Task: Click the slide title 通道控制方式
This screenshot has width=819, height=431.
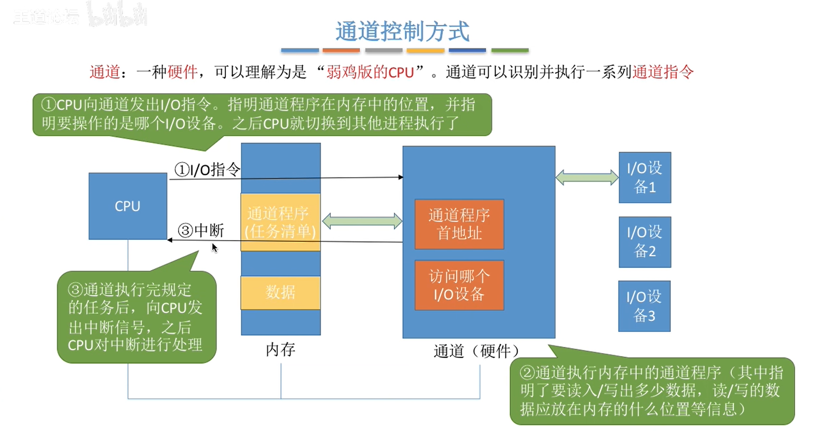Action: (402, 31)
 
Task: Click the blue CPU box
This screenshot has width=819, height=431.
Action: (128, 206)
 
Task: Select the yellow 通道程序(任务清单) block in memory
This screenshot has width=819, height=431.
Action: (280, 222)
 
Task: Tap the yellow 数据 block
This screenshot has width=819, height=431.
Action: (280, 292)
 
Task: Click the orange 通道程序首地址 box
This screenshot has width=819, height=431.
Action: (459, 224)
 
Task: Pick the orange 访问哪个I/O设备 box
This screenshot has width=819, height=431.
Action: (459, 285)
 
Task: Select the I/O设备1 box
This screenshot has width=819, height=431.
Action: (645, 178)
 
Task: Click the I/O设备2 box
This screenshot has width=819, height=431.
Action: (645, 242)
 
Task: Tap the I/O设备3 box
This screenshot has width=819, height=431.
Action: (644, 306)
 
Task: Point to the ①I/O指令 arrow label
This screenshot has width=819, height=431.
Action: (207, 169)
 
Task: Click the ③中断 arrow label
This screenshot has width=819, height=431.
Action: (201, 230)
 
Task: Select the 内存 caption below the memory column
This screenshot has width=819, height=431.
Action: (280, 349)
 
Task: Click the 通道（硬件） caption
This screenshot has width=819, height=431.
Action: (476, 351)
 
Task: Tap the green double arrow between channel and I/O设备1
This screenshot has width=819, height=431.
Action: (587, 178)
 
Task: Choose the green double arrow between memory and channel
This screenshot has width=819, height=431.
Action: (362, 221)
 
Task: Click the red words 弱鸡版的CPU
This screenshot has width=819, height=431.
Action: (370, 72)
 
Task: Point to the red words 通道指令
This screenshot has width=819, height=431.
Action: (663, 72)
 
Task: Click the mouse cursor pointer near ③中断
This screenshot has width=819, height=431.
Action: (214, 247)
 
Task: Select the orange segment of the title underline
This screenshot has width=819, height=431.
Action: (341, 50)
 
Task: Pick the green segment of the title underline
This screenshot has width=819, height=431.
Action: (510, 50)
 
